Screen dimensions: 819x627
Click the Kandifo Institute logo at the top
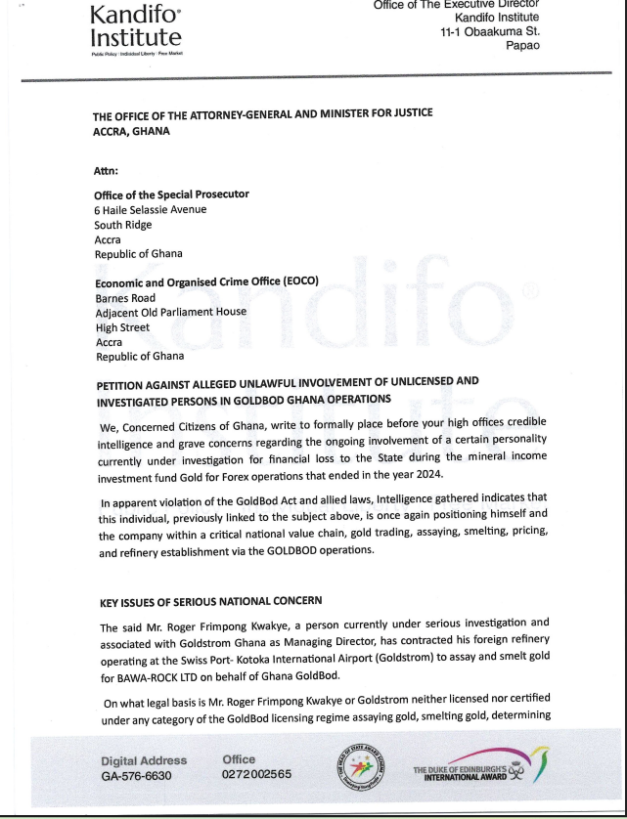(135, 27)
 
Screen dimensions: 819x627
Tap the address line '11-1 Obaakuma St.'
(489, 31)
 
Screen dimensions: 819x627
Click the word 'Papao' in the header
(522, 46)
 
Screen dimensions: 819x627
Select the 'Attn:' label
(106, 170)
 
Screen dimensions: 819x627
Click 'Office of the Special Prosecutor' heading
(171, 194)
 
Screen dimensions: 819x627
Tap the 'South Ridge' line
(123, 224)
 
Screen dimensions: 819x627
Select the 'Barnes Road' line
(124, 297)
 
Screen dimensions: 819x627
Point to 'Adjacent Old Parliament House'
(170, 312)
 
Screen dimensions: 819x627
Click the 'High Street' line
(122, 327)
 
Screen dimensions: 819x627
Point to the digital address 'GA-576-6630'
(136, 775)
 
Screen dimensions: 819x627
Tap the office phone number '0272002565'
(257, 775)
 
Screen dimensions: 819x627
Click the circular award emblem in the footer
(357, 764)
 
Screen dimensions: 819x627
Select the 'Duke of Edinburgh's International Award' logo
(479, 764)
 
